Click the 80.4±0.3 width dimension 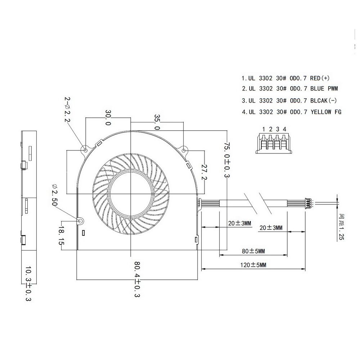(137, 279)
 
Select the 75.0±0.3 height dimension (227, 160)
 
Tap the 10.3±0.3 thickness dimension (28, 284)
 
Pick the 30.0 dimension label (108, 118)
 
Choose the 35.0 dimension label (157, 122)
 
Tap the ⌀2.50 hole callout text (54, 195)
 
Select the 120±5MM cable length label (253, 265)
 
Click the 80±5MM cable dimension (253, 251)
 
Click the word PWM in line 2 (333, 89)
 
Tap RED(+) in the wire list (320, 78)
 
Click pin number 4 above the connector (284, 129)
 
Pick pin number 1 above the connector (264, 129)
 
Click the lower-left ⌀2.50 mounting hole (81, 221)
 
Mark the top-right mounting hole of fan (184, 150)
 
